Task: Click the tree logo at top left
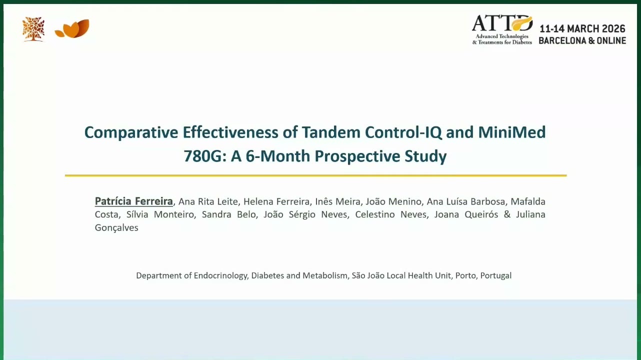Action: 33,29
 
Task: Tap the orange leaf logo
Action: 72,28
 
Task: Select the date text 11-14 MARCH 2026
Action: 582,28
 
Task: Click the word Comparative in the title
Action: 131,133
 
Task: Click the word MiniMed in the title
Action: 512,132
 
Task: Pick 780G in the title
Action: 202,156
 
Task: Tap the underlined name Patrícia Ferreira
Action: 133,201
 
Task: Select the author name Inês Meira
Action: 337,201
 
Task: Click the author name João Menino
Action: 393,201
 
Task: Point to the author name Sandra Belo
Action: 229,214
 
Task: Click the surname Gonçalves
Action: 116,228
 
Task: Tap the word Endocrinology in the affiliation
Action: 220,275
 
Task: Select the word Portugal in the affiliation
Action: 496,275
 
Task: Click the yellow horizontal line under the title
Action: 315,175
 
